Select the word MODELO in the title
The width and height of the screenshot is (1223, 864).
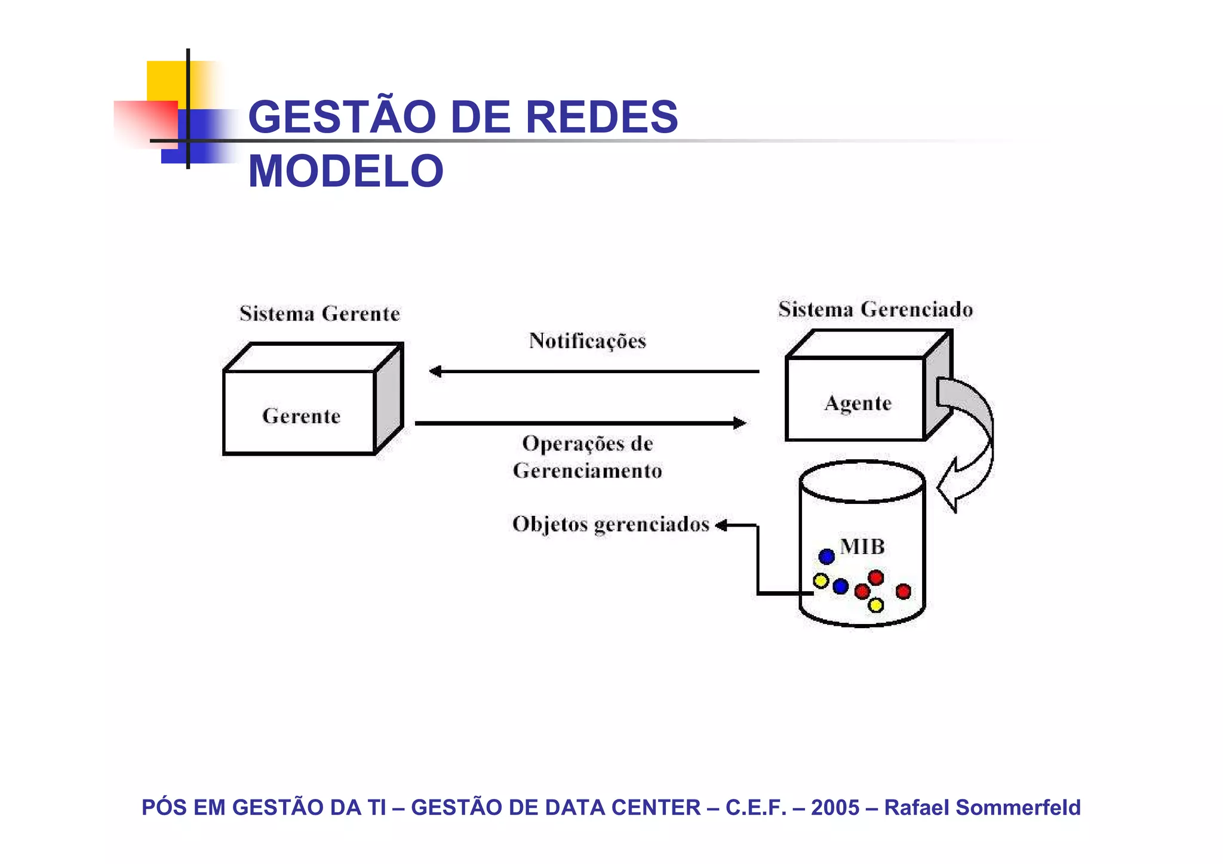pos(346,171)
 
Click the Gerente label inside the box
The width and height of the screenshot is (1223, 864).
pos(301,416)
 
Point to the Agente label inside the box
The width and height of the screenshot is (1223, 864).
pos(858,404)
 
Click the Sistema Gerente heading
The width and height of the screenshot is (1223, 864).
pos(319,313)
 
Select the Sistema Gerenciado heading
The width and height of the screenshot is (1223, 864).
pos(875,309)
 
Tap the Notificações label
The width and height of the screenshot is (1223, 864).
pos(588,341)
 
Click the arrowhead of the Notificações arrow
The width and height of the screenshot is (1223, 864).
pos(435,371)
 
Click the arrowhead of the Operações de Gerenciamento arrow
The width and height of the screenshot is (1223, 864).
pos(740,423)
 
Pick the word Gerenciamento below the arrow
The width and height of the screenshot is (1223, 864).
pos(588,471)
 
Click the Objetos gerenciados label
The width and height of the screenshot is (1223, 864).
pos(610,524)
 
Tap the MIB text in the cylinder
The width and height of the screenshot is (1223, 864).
pos(862,546)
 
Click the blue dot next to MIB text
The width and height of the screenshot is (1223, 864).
pos(826,556)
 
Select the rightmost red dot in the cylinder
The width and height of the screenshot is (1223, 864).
pos(904,591)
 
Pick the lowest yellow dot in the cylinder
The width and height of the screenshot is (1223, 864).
pos(875,605)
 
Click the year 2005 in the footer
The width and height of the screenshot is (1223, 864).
pos(835,807)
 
